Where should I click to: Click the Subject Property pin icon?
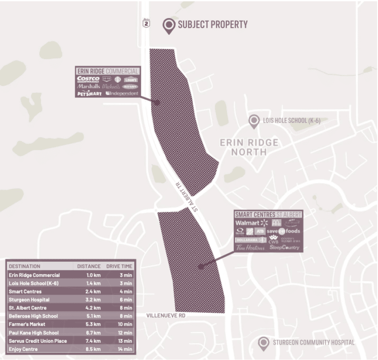pyautogui.click(x=170, y=26)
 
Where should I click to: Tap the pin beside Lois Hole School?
pyautogui.click(x=254, y=121)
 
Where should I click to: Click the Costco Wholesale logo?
pyautogui.click(x=88, y=79)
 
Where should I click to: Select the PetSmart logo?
pyautogui.click(x=89, y=93)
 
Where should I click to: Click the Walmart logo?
pyautogui.click(x=251, y=223)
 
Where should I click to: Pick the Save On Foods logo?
pyautogui.click(x=283, y=231)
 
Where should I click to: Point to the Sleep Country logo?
pyautogui.click(x=284, y=248)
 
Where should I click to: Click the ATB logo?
pyautogui.click(x=259, y=231)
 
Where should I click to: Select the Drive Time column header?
pyautogui.click(x=119, y=266)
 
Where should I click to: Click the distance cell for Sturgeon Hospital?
pyautogui.click(x=93, y=299)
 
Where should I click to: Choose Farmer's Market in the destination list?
pyautogui.click(x=27, y=324)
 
